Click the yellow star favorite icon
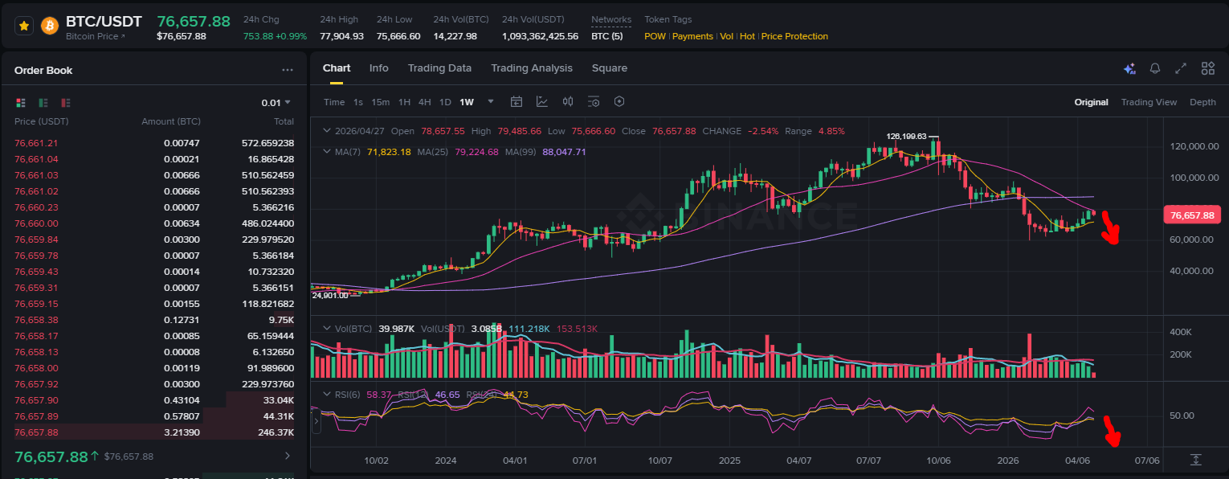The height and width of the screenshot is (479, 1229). [24, 26]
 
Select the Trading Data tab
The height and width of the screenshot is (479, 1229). [439, 68]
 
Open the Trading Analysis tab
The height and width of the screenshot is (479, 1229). [532, 68]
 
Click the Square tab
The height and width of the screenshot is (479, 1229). [609, 68]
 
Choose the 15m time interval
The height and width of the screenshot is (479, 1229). [381, 102]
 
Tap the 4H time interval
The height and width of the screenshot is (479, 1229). [424, 102]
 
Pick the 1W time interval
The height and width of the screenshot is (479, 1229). [467, 102]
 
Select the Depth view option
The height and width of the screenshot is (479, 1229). [1202, 102]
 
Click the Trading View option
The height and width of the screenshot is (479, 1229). [1149, 102]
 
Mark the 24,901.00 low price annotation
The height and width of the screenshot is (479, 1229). [330, 296]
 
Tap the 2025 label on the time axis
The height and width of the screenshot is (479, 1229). [729, 461]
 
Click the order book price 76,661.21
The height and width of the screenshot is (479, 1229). [36, 143]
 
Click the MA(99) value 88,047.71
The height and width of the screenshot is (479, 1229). [564, 152]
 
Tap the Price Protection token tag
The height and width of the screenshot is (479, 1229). [794, 36]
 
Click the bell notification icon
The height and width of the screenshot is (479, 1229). [1155, 68]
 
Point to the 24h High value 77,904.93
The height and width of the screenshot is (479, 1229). [341, 36]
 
